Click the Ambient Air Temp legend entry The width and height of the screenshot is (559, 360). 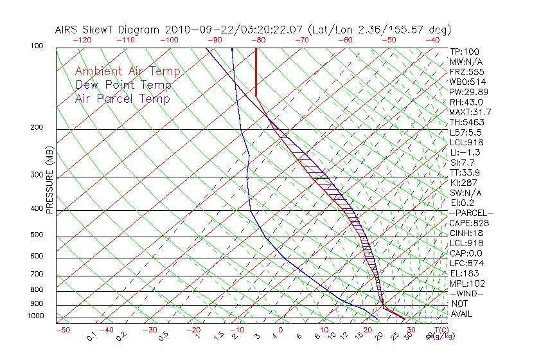128,71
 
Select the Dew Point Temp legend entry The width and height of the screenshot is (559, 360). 123,85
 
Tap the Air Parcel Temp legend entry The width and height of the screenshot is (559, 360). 122,98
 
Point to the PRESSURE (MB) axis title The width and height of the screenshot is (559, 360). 49,184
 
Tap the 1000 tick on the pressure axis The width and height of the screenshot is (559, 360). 36,316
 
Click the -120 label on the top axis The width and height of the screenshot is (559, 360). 82,40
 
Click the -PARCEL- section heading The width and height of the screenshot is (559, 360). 471,213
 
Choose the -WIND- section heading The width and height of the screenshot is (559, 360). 466,293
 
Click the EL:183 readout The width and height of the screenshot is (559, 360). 464,273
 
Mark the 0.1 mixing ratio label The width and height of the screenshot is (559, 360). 92,336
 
